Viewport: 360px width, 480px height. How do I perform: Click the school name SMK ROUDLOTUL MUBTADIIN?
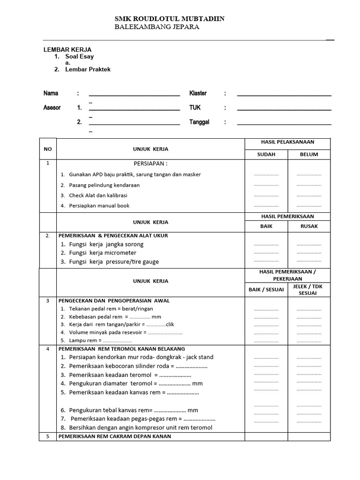tap(170, 19)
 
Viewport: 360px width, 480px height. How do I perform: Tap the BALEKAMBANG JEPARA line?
tap(157, 27)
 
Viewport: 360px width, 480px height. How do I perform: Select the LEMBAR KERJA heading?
tap(67, 49)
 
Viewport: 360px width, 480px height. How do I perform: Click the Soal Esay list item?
tap(79, 57)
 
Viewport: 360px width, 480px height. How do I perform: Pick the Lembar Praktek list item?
tap(88, 69)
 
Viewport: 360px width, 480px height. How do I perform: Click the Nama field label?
tap(51, 93)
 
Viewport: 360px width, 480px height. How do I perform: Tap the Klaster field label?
tap(198, 93)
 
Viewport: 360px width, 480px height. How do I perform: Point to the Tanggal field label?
tap(199, 122)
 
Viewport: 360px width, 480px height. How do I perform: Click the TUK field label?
tap(195, 107)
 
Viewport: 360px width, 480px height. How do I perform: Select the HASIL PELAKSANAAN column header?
tap(287, 142)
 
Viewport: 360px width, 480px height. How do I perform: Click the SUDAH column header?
tap(266, 154)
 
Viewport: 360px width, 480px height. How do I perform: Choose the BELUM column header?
tap(309, 154)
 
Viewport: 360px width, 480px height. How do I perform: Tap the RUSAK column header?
tap(309, 226)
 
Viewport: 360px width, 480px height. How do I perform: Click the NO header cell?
tap(47, 149)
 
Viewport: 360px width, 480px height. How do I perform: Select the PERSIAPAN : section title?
tap(150, 164)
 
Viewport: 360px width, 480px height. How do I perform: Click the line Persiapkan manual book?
tap(99, 205)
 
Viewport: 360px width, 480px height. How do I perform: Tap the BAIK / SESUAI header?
tap(266, 289)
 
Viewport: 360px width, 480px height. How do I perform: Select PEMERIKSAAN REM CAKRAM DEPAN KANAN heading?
tap(114, 436)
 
